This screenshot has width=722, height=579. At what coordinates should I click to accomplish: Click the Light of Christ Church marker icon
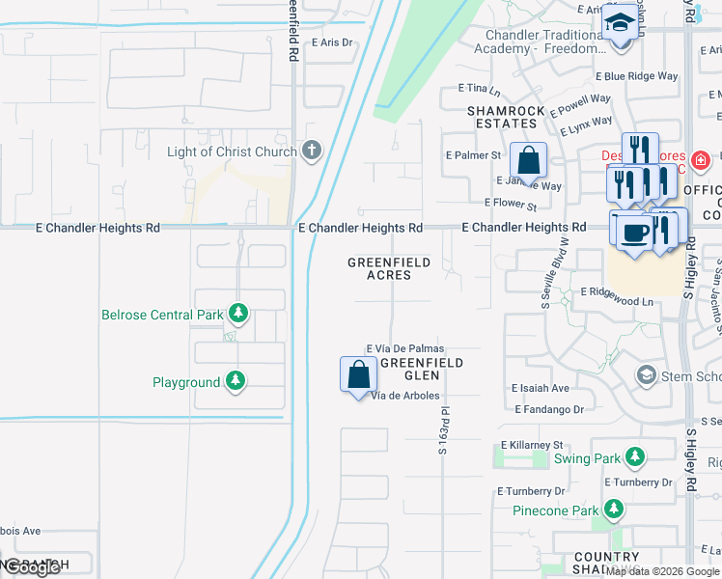coord(310,152)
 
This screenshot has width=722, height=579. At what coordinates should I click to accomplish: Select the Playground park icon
coord(235,382)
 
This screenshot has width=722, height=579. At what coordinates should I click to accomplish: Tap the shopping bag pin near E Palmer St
coord(528,159)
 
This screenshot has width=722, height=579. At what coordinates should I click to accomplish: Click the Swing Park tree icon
coord(634,457)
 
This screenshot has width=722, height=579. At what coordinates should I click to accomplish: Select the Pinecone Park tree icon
coord(612,509)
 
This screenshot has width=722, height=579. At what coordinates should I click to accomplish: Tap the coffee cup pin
coord(634,233)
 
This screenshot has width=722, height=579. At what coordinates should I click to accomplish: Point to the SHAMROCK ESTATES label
coord(502,117)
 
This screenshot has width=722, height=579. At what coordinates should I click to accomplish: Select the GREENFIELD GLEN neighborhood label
coord(420,369)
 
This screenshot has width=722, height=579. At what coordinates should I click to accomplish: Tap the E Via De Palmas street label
coord(404,348)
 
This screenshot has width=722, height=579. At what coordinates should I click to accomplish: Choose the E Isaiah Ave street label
coord(541,389)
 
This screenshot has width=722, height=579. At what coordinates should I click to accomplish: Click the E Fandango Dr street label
coord(549,409)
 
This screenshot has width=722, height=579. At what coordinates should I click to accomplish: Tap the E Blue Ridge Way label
coord(636,75)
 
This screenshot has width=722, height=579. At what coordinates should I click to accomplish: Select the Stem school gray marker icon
coord(646,374)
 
